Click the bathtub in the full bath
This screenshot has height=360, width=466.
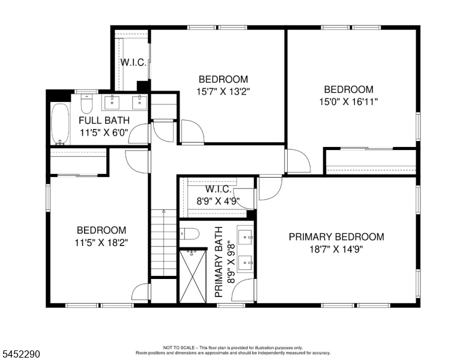pyautogui.click(x=60, y=124)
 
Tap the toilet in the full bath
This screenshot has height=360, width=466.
pyautogui.click(x=87, y=104)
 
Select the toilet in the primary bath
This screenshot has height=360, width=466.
pyautogui.click(x=189, y=234)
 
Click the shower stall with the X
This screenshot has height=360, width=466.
pyautogui.click(x=193, y=276)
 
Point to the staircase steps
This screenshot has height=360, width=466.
pyautogui.click(x=164, y=242)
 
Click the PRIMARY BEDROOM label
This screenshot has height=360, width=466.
pyautogui.click(x=336, y=237)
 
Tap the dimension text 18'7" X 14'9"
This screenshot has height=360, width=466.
pyautogui.click(x=336, y=249)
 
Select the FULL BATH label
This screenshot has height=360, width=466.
pyautogui.click(x=104, y=120)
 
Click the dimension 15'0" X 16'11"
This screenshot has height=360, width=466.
pyautogui.click(x=349, y=102)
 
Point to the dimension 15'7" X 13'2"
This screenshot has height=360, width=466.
pyautogui.click(x=223, y=91)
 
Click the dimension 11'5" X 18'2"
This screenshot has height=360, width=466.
pyautogui.click(x=101, y=243)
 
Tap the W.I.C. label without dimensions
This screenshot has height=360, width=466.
pyautogui.click(x=133, y=62)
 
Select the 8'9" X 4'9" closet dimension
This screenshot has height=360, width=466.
pyautogui.click(x=218, y=202)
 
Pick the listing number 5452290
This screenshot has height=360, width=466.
pyautogui.click(x=21, y=354)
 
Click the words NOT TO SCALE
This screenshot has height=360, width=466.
pyautogui.click(x=178, y=347)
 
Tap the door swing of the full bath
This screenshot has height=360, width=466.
pyautogui.click(x=139, y=134)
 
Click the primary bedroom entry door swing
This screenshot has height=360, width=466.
pyautogui.click(x=270, y=188)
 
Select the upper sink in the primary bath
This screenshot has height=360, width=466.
pyautogui.click(x=245, y=237)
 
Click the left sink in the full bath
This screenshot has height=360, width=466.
pyautogui.click(x=112, y=103)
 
